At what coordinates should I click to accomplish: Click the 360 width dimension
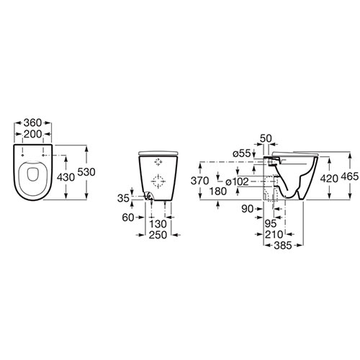click(x=33, y=123)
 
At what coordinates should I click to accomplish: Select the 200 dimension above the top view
click(x=33, y=134)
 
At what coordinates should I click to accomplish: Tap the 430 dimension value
click(x=66, y=177)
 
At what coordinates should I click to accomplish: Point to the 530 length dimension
click(x=86, y=172)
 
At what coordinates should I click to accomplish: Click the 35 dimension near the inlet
click(x=123, y=199)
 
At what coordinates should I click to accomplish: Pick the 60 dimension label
click(x=128, y=217)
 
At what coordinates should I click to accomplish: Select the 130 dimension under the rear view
click(x=158, y=224)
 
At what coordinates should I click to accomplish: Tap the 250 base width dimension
click(x=158, y=235)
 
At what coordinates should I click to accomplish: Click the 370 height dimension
click(x=200, y=181)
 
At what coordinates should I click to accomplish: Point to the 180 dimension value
click(x=218, y=192)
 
